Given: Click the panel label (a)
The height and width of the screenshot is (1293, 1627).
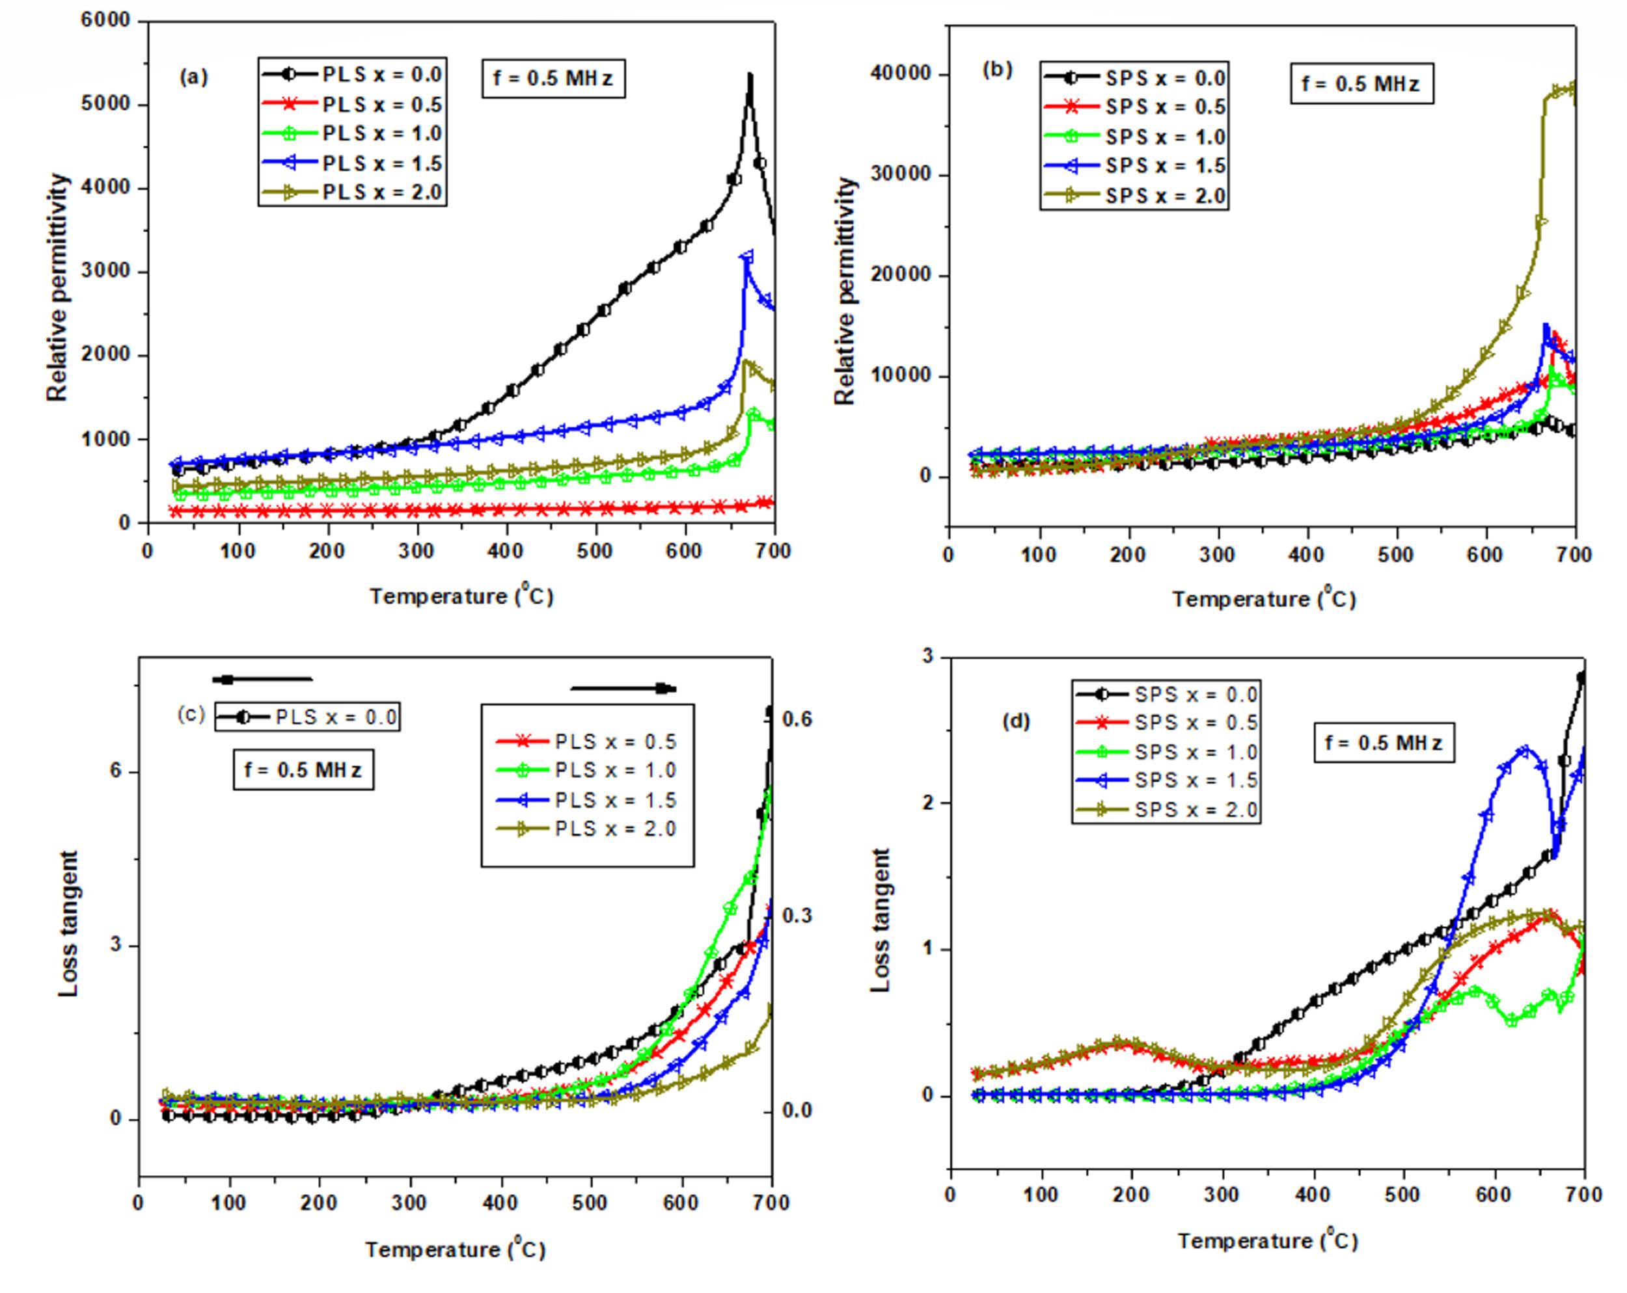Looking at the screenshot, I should pyautogui.click(x=193, y=77).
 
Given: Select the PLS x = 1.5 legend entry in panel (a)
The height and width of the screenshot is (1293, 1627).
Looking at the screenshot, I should pyautogui.click(x=353, y=163).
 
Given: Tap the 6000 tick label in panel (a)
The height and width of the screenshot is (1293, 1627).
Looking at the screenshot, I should pyautogui.click(x=105, y=20).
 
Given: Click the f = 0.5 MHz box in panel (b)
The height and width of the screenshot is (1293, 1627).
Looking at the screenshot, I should pyautogui.click(x=1361, y=84).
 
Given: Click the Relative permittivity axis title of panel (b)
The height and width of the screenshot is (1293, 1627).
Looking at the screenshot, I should pyautogui.click(x=845, y=291).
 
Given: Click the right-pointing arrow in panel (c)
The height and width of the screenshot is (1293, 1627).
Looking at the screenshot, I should pyautogui.click(x=623, y=688).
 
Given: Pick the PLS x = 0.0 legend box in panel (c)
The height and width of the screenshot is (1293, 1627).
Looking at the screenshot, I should pyautogui.click(x=307, y=717).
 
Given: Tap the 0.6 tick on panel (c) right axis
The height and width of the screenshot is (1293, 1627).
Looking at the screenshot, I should pyautogui.click(x=797, y=719).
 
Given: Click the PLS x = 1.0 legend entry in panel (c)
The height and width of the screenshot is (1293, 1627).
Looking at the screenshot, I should pyautogui.click(x=586, y=770).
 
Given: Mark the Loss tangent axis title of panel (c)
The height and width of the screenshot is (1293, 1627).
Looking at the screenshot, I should pyautogui.click(x=68, y=924).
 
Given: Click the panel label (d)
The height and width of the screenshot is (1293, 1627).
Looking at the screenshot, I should pyautogui.click(x=1015, y=721).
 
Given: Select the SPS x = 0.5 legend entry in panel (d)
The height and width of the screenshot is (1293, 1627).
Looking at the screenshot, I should pyautogui.click(x=1166, y=723).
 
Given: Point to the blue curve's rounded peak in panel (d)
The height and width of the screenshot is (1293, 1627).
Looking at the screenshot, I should pyautogui.click(x=1523, y=750).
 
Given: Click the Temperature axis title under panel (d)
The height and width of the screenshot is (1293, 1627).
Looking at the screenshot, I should pyautogui.click(x=1267, y=1240).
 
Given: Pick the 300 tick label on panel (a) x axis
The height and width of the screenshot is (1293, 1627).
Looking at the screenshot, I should pyautogui.click(x=416, y=552).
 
